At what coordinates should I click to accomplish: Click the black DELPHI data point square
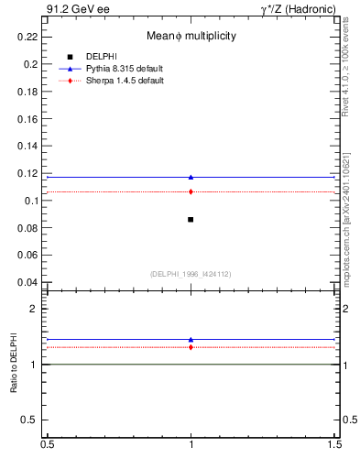[191, 219]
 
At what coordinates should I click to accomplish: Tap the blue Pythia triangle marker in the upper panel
[191, 177]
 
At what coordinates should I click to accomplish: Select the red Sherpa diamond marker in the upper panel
[191, 191]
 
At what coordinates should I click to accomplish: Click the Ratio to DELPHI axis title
[14, 364]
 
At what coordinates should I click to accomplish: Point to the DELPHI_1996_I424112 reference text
[191, 274]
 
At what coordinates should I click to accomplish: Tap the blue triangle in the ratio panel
[191, 339]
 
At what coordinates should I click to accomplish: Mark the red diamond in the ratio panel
[191, 347]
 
